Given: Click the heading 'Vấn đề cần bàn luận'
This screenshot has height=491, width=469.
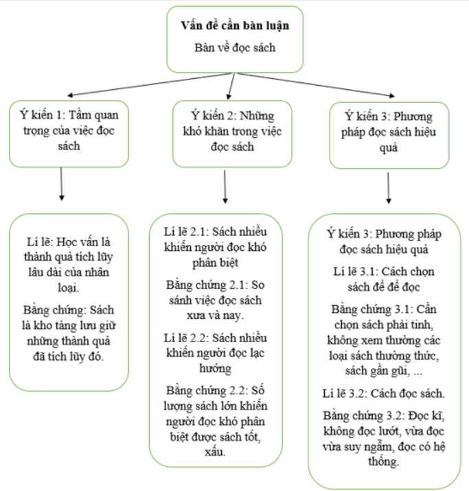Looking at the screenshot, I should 234,26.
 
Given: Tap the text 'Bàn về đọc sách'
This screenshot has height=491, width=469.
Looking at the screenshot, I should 234,49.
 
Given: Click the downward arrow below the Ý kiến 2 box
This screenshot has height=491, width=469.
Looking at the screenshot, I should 225,186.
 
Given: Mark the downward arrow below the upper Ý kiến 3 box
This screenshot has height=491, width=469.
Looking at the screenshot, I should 389,187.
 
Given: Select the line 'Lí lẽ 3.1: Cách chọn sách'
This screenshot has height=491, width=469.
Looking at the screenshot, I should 389,277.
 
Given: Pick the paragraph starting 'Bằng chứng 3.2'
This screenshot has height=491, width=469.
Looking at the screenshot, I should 389,438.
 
